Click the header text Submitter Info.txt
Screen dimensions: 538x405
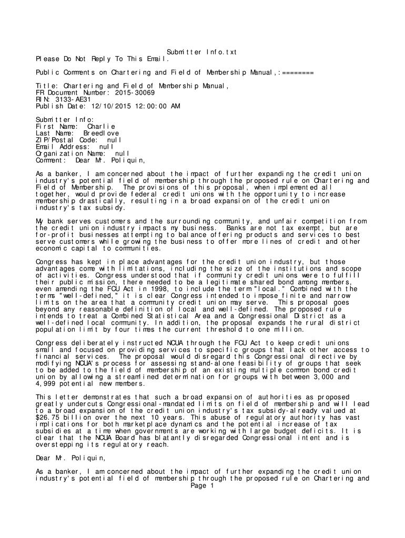pyautogui.click(x=202, y=52)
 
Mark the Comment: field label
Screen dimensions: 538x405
pyautogui.click(x=50, y=161)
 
